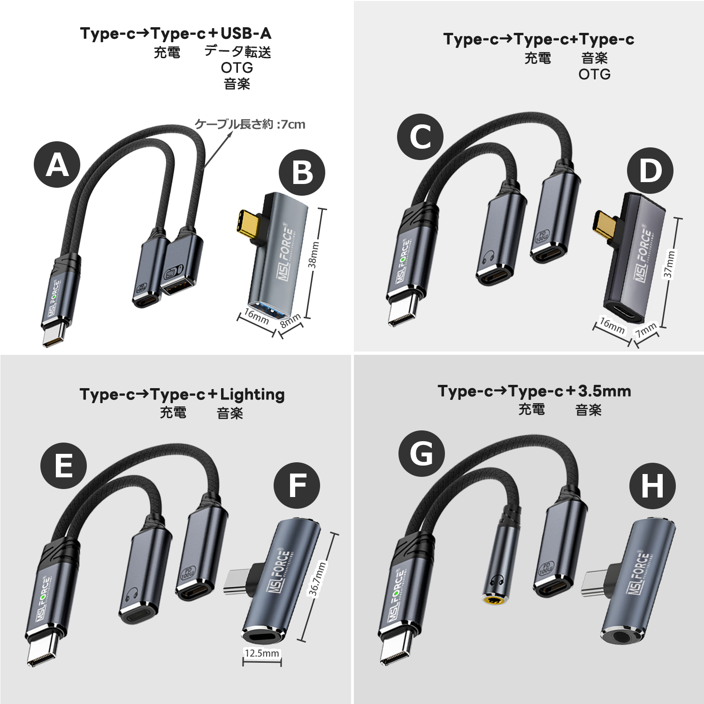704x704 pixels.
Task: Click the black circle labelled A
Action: [57, 165]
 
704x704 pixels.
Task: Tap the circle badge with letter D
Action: [650, 170]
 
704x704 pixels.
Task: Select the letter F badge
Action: [297, 485]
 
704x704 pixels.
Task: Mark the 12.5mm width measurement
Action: [262, 653]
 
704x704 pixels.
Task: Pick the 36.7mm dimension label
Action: [317, 578]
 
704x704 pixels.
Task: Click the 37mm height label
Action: [670, 264]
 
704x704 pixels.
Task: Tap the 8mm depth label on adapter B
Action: [290, 321]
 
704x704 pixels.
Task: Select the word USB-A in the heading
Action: [245, 33]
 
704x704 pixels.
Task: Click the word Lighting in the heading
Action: [252, 394]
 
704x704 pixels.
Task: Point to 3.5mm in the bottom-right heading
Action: [605, 391]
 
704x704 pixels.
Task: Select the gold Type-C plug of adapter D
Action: [606, 225]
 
